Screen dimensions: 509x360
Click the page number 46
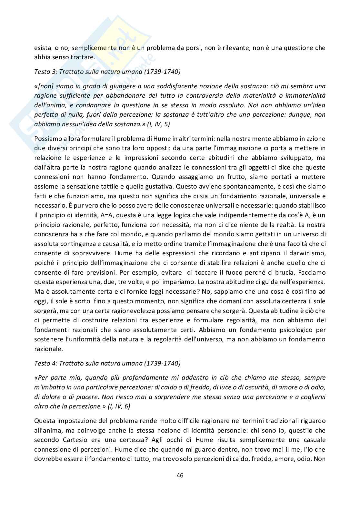[x=180, y=475]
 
